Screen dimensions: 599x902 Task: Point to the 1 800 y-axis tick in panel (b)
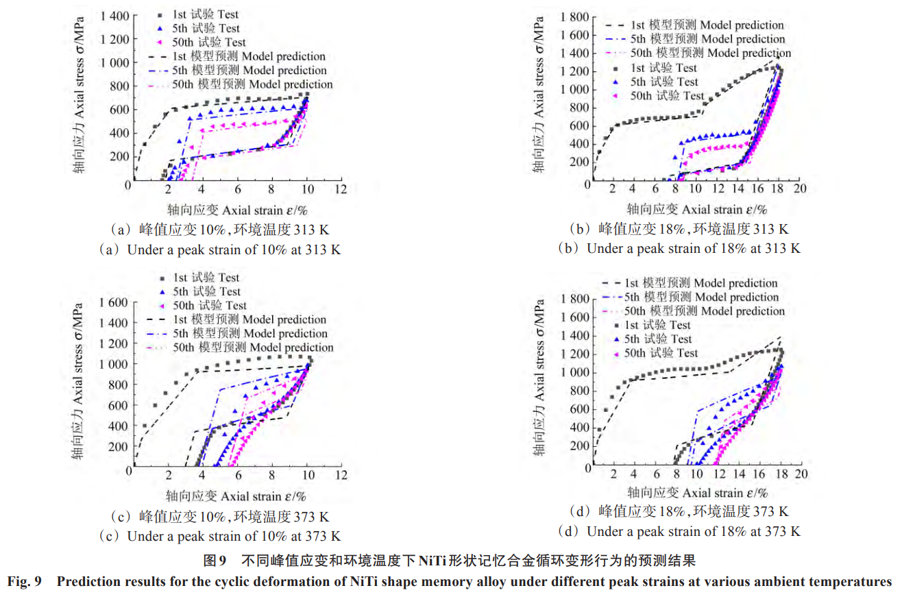tap(576, 16)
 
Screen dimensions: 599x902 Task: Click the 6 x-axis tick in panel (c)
tap(237, 475)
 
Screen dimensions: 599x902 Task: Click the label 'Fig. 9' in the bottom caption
tap(25, 583)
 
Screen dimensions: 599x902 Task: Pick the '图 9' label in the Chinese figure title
tap(215, 561)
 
